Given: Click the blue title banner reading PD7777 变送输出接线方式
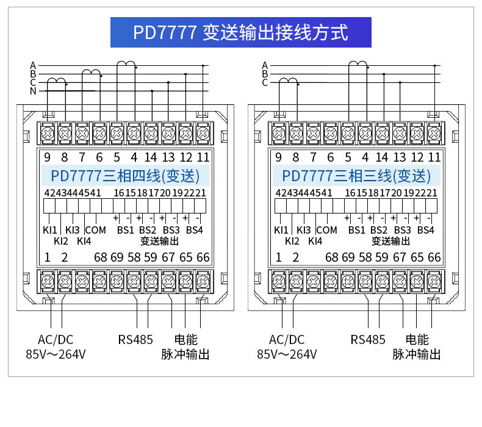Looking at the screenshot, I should coord(240,32).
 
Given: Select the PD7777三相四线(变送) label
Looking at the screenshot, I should coord(125,176).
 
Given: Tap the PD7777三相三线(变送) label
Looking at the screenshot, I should coord(356,176).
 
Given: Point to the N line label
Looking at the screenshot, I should coord(33,91).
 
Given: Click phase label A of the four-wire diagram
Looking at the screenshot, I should coord(33,65).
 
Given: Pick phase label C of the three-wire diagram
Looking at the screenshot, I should coord(265,82).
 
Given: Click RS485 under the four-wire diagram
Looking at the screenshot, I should coord(135,340).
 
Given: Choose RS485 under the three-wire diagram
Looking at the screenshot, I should coord(367,340).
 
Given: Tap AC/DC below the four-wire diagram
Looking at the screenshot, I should coord(56,340).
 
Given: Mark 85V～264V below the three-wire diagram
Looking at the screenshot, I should coord(287,354).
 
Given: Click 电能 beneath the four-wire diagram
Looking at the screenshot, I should coord(185,340).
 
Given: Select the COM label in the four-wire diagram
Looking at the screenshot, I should coord(95,230).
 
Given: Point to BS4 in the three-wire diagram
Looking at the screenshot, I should coord(425,230).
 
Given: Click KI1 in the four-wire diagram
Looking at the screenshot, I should coord(50,230).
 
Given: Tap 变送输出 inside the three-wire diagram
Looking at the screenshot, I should coord(391,241).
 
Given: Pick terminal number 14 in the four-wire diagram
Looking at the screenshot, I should coord(151,157).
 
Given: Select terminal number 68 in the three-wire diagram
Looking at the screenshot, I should coord(331,257).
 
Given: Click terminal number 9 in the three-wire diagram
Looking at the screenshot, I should coord(278,157).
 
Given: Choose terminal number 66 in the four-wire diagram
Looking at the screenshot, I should coord(203,257).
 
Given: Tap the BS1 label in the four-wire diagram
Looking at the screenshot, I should coord(125,230).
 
